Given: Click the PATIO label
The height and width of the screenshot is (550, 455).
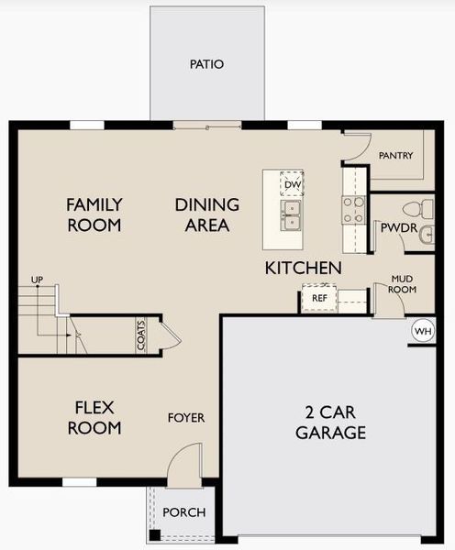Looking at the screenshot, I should point(206,64).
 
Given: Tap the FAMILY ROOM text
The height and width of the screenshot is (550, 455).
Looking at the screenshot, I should point(94,214).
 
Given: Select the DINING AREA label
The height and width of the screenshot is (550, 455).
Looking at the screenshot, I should point(206,214).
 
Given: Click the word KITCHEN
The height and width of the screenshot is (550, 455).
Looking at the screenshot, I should point(303,268).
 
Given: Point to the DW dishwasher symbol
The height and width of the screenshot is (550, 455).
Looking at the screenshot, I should point(293,184).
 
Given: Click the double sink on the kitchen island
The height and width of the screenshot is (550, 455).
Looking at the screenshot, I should point(293,217).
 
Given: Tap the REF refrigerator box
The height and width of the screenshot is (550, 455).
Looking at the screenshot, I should point(319,298).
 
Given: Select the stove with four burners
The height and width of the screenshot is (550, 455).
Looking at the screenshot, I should point(353,210).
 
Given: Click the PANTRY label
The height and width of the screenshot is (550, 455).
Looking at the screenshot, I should point(395,156).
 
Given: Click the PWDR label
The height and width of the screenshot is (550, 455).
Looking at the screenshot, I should point(395,227).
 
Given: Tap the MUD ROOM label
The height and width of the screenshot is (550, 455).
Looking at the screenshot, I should point(403,283).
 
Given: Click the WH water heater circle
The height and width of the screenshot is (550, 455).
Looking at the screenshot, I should point(422,331).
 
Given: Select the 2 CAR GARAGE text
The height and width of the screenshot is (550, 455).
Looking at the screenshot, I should point(331,422).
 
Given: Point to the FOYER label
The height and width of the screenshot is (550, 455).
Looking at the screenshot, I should point(185,418).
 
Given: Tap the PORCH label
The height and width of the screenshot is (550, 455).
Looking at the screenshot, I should point(184,511).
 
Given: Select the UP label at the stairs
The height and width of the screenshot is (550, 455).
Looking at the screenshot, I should point(37,279).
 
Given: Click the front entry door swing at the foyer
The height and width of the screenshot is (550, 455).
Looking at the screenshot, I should point(185,463).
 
